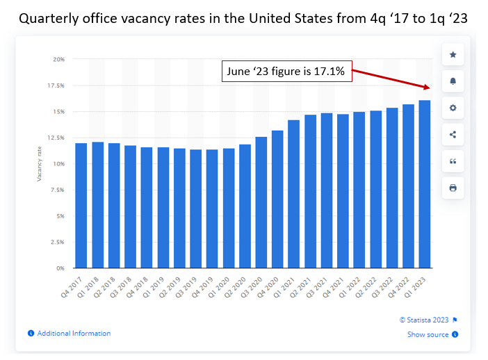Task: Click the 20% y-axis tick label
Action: click(59, 60)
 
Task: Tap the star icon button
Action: click(453, 55)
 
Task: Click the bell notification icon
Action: click(453, 81)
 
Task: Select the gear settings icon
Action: click(453, 108)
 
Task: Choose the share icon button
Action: click(453, 134)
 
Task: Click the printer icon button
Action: click(453, 188)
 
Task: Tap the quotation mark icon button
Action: click(453, 161)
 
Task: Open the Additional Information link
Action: click(74, 334)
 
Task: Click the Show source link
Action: click(428, 334)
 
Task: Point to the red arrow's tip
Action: click(428, 88)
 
